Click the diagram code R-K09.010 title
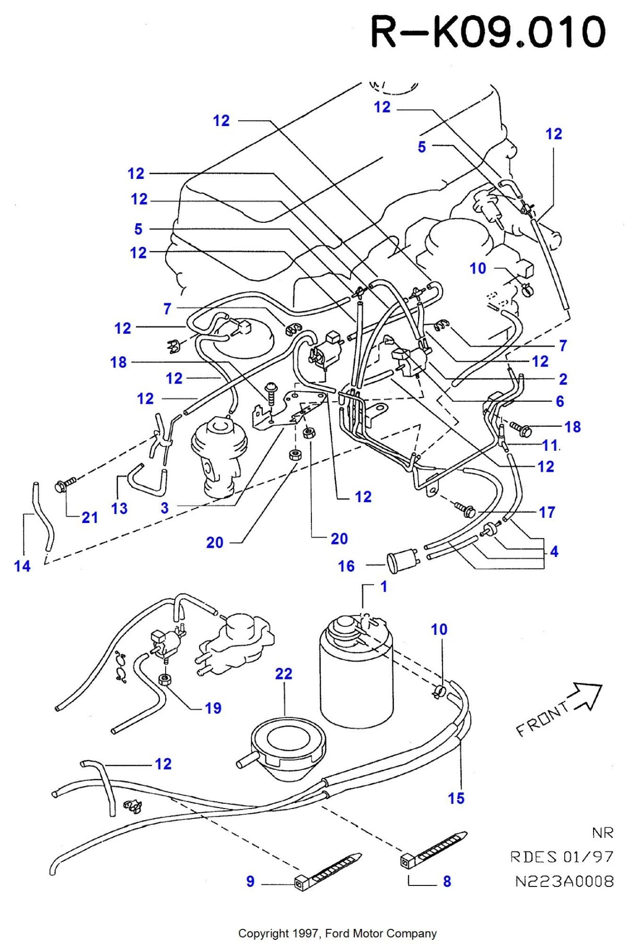[488, 32]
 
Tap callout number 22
[284, 674]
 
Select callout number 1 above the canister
[384, 586]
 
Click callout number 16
[346, 566]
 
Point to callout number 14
[22, 566]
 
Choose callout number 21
[90, 518]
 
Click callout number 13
[119, 508]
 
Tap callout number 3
[165, 508]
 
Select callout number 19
[213, 708]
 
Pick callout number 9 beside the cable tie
[250, 881]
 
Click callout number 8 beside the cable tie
[447, 881]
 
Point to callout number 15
[456, 798]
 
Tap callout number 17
[547, 512]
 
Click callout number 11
[550, 445]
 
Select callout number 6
[560, 401]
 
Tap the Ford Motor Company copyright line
[337, 933]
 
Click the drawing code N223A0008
[564, 881]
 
